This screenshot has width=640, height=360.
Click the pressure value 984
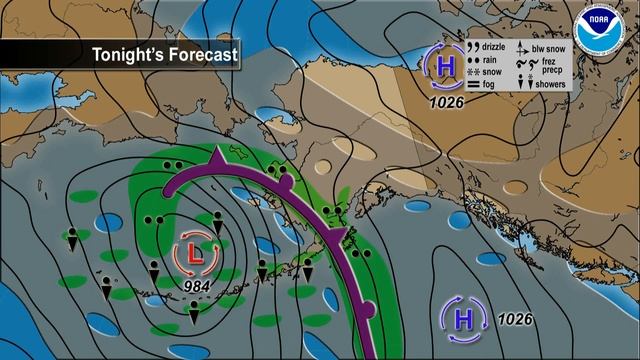pos(197,287)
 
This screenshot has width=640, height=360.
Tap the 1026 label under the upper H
pos(446,101)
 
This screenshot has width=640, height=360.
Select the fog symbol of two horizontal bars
pos(474,84)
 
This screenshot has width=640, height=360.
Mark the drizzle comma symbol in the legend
pos(474,47)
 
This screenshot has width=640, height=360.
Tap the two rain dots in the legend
pos(474,59)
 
